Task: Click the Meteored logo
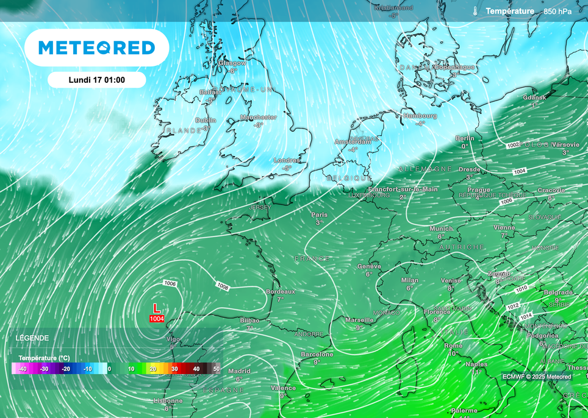(x=96, y=48)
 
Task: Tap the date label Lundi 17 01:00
(x=96, y=80)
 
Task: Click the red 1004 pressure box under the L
(x=157, y=319)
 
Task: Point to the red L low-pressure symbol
(x=156, y=308)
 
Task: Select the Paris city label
(x=319, y=214)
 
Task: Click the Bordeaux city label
(x=281, y=291)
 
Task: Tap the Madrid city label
(x=239, y=371)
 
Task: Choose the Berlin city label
(x=465, y=138)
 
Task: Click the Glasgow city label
(x=232, y=63)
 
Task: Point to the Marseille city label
(x=359, y=319)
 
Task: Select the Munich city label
(x=441, y=228)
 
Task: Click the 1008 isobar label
(x=223, y=286)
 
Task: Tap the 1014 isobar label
(x=526, y=317)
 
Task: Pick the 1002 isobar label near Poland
(x=512, y=145)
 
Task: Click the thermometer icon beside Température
(x=474, y=11)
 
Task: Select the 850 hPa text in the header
(x=558, y=12)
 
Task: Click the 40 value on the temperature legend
(x=196, y=369)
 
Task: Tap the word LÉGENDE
(x=32, y=338)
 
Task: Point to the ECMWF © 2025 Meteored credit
(x=537, y=377)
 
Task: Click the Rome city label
(x=453, y=345)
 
